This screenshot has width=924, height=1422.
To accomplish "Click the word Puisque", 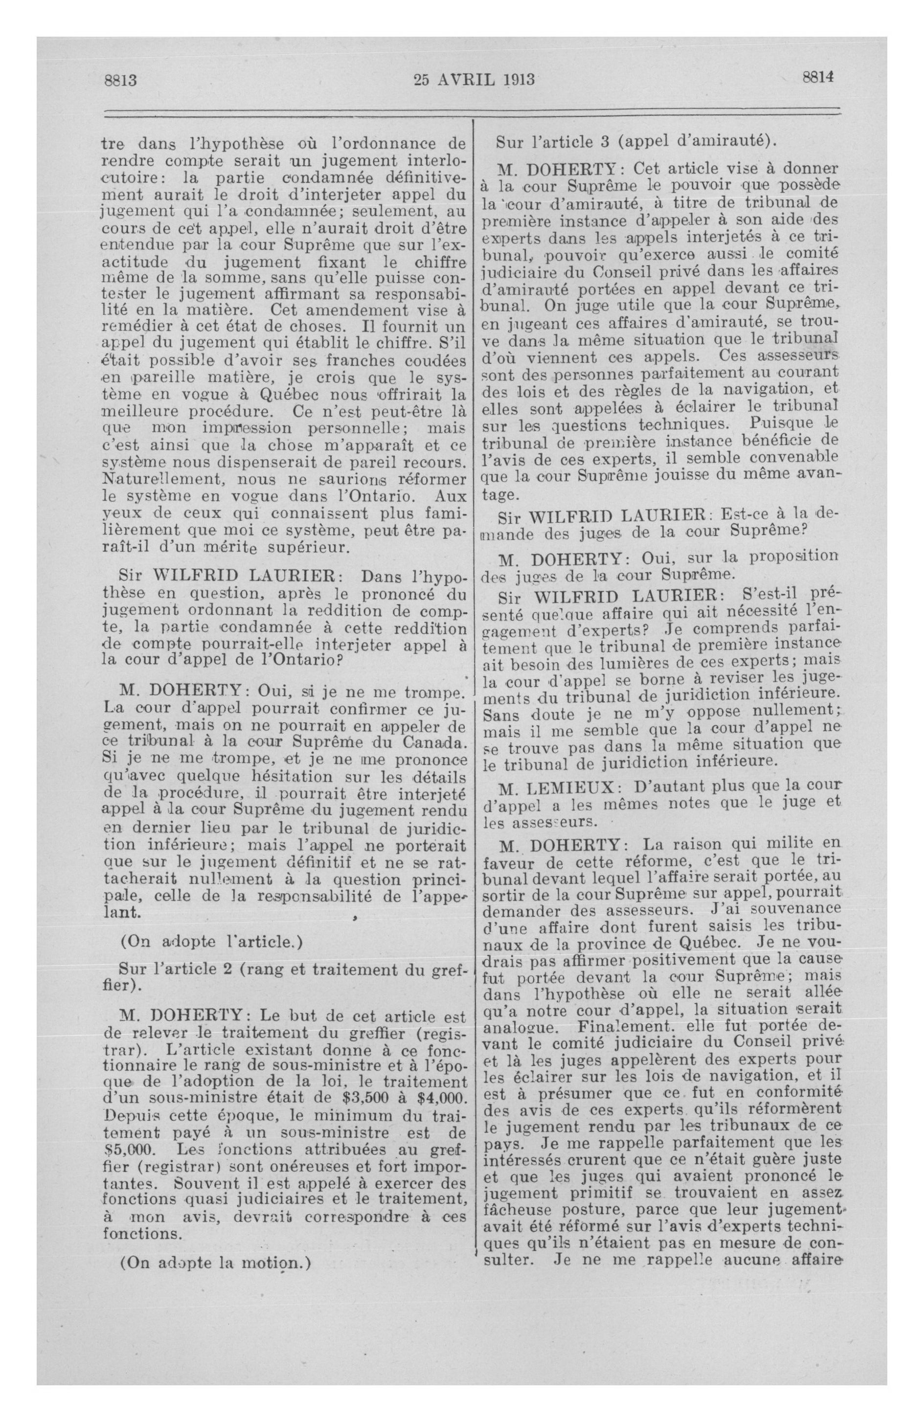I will (x=773, y=423).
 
